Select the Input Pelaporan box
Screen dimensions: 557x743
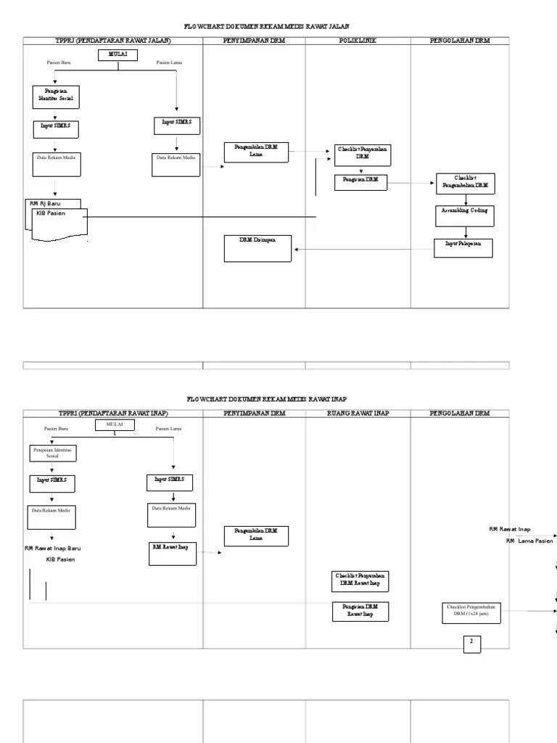(463, 247)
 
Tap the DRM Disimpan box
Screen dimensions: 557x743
(257, 247)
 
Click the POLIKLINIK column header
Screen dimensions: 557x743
(358, 41)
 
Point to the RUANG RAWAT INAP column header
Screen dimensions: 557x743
(358, 414)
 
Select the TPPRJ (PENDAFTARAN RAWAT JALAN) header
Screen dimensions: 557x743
(113, 41)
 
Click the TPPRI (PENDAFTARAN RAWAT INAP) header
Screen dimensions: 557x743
(113, 414)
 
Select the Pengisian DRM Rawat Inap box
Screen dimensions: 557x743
(360, 610)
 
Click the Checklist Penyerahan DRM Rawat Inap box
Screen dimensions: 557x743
(360, 580)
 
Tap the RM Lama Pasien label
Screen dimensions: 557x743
(529, 541)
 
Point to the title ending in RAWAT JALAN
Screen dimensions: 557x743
(266, 25)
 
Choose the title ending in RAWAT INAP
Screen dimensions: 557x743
(266, 398)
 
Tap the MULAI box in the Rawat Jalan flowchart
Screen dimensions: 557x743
(117, 54)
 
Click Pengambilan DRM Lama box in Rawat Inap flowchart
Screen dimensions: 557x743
(256, 535)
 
